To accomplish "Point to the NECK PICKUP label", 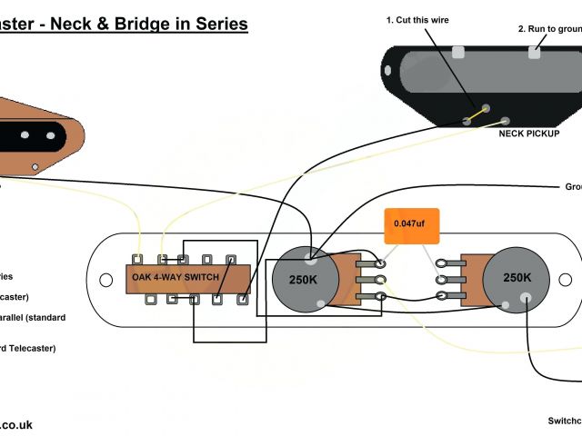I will tap(529, 133).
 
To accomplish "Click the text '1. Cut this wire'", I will tap(417, 20).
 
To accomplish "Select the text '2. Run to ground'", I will tap(549, 29).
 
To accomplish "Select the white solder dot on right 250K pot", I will tap(526, 297).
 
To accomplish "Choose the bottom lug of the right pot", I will tap(441, 297).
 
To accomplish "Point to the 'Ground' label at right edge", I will tap(572, 187).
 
